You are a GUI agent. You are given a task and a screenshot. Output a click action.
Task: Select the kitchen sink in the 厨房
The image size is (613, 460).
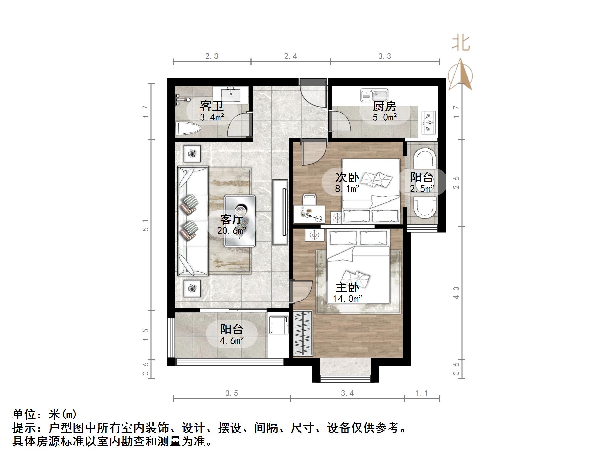pos(374,95)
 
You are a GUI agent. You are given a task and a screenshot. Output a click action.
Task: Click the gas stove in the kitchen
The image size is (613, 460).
pos(429,123)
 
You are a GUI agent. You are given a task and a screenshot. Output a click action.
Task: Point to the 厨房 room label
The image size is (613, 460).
pos(384,106)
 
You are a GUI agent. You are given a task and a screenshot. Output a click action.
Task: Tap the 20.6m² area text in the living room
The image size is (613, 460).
pos(232,231)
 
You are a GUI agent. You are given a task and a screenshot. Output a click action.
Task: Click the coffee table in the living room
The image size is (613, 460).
pos(240,221)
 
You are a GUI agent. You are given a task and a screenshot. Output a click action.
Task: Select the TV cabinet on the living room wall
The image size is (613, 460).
pos(280,212)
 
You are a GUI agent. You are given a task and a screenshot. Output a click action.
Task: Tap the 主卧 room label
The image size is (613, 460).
pos(347,287)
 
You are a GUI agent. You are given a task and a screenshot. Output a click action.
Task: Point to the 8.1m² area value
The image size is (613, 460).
pos(347,189)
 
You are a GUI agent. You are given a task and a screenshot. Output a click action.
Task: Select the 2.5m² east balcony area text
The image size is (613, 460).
pos(422,189)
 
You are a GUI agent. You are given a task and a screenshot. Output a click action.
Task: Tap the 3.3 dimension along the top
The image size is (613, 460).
pos(385,56)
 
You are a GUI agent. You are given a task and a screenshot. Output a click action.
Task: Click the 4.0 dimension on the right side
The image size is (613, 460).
pos(456,293)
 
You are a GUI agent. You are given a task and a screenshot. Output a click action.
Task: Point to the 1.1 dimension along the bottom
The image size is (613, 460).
pos(422,393)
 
